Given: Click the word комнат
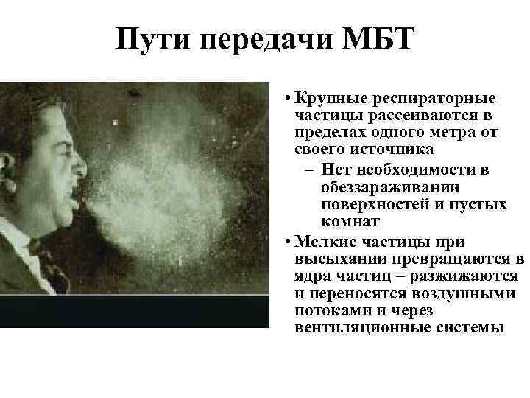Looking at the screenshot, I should click(x=350, y=221).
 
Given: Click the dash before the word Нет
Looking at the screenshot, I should click(x=310, y=170).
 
